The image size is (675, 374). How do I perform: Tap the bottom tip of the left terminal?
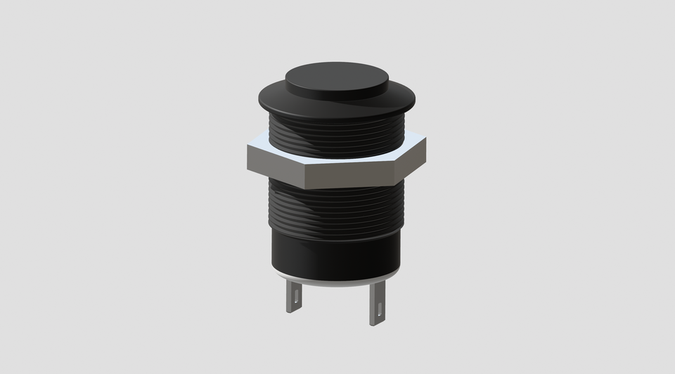tap(294, 311)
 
